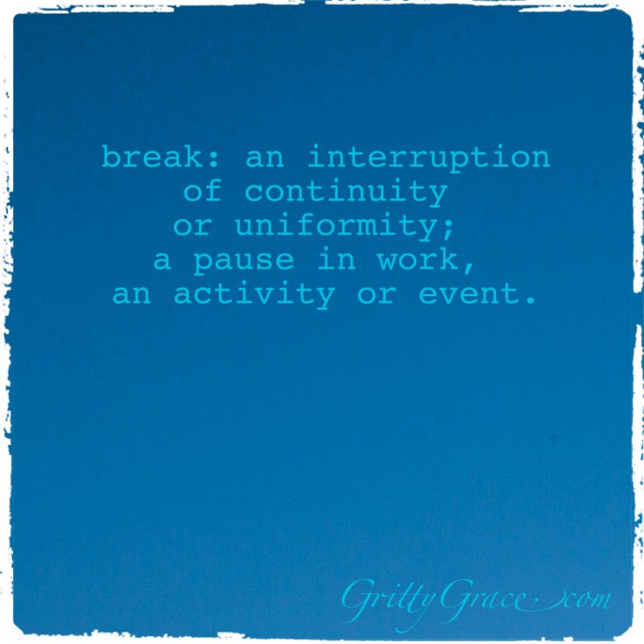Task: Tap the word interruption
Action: pos(428,158)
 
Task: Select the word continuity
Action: pos(346,192)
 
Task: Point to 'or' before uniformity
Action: pos(192,227)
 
